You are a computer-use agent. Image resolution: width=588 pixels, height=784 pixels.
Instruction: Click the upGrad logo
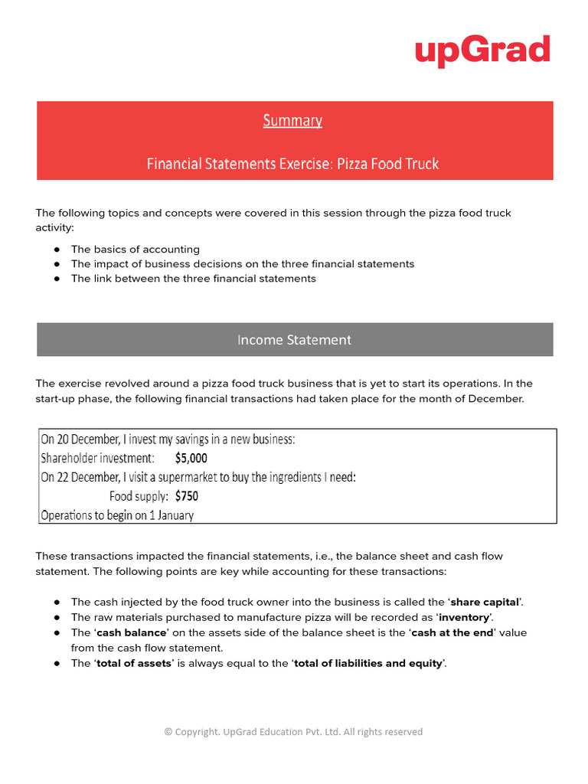482,51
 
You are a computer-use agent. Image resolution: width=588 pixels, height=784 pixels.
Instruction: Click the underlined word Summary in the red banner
292,120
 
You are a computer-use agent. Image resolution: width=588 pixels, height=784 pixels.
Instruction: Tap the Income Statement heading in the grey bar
294,340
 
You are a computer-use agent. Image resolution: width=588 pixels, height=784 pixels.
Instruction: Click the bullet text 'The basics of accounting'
135,250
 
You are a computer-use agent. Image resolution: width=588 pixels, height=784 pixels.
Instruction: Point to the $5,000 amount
191,458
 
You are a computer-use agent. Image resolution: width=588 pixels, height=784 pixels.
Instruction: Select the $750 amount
187,495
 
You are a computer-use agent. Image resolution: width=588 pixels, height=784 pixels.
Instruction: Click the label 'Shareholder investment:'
97,458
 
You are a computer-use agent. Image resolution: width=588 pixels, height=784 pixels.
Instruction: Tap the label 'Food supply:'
139,495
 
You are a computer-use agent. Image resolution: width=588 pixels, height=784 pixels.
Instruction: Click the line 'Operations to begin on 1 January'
117,514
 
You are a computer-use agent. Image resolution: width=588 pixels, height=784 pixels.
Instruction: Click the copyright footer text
293,732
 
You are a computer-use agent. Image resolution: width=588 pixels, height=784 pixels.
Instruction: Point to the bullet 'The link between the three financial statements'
193,279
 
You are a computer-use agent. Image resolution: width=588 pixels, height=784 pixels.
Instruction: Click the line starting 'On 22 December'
198,477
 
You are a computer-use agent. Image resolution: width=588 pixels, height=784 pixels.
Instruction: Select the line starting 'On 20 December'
168,439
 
